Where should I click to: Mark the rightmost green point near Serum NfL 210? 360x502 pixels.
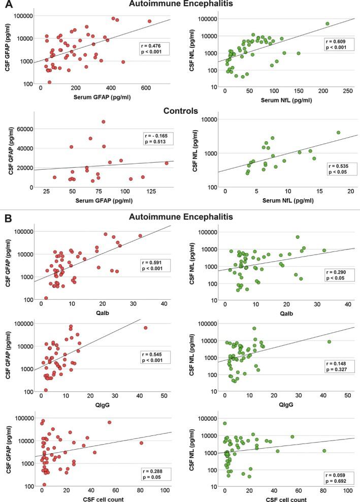click(328, 23)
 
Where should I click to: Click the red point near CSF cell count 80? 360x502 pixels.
click(142, 443)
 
